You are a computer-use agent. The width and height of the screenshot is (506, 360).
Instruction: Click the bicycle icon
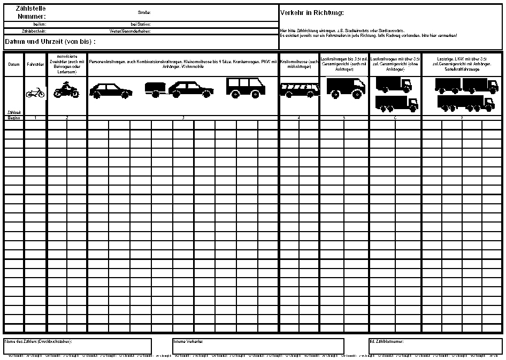click(35, 93)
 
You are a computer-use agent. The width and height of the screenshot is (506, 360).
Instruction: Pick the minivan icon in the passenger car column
click(246, 88)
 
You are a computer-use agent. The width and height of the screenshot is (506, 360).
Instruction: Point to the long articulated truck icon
click(465, 103)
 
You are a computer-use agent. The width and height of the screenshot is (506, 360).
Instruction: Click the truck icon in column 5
click(345, 87)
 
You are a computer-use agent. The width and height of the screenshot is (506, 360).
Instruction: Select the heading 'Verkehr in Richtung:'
click(312, 12)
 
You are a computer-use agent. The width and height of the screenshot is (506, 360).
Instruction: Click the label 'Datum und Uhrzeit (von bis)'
click(50, 42)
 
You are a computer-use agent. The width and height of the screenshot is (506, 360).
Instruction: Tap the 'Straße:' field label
click(144, 12)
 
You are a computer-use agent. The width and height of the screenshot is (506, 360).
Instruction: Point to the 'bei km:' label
click(40, 25)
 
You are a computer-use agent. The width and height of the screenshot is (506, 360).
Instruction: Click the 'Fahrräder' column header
click(36, 64)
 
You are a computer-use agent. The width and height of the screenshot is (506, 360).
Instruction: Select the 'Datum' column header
click(14, 64)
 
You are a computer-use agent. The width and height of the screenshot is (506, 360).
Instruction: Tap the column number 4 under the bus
click(298, 117)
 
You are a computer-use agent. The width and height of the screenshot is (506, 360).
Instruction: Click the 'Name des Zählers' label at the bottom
click(38, 341)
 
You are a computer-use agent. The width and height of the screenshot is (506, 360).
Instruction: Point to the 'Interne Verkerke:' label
click(188, 341)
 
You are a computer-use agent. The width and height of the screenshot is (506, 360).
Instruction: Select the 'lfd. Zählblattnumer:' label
click(387, 341)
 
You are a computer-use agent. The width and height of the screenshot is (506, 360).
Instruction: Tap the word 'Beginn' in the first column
click(14, 117)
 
